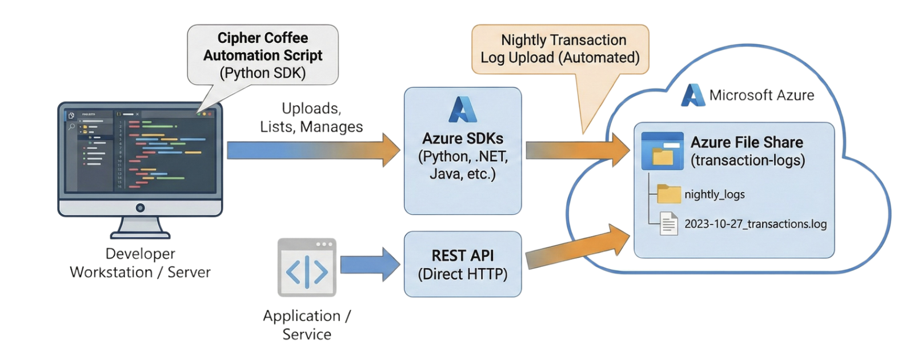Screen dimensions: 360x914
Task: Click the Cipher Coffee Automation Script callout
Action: pyautogui.click(x=263, y=55)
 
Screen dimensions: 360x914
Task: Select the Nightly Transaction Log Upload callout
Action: pyautogui.click(x=560, y=49)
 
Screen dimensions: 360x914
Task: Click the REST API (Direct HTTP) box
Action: pyautogui.click(x=463, y=265)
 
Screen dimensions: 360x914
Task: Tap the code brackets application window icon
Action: pyautogui.click(x=307, y=267)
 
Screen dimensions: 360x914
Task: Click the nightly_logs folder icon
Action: pyautogui.click(x=669, y=194)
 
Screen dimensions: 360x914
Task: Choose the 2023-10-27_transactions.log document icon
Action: pyautogui.click(x=669, y=223)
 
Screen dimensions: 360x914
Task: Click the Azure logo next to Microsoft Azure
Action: pyautogui.click(x=693, y=95)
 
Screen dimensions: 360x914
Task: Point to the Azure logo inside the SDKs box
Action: pyautogui.click(x=463, y=110)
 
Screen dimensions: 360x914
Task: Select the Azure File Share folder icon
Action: pyautogui.click(x=662, y=151)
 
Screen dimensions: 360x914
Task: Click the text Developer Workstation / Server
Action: pyautogui.click(x=140, y=263)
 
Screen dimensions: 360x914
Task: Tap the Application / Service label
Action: pyautogui.click(x=307, y=325)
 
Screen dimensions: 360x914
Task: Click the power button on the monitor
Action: pyautogui.click(x=140, y=208)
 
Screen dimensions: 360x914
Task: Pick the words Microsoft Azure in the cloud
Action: pyautogui.click(x=761, y=95)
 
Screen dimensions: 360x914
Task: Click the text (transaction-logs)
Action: pyautogui.click(x=748, y=161)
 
